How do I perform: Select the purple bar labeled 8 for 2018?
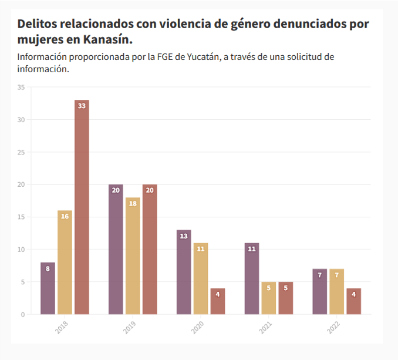48,288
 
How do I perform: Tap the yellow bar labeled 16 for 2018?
65,262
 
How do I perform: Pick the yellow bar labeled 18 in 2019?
133,255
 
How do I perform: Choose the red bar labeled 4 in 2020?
218,301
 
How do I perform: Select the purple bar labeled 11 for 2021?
252,278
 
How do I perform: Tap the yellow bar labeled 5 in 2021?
269,298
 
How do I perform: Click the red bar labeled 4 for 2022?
353,301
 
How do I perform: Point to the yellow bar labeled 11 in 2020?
201,278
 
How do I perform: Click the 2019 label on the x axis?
130,328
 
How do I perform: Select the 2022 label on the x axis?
334,328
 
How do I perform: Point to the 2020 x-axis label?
198,328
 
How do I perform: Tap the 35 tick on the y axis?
21,88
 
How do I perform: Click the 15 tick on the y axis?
21,217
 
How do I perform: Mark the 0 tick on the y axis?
23,315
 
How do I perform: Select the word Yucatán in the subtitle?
200,57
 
